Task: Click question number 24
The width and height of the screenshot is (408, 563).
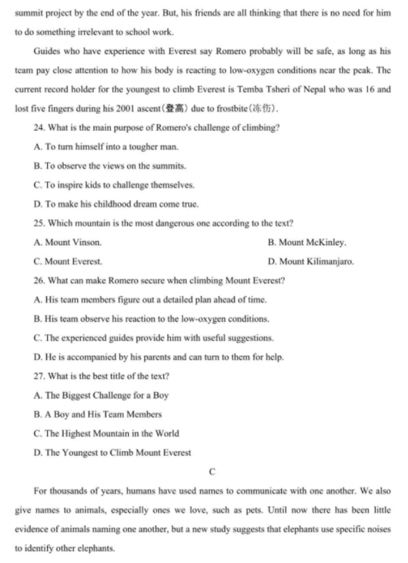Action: point(40,128)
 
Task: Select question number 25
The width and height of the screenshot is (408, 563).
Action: point(40,223)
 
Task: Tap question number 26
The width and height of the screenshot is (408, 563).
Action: point(40,281)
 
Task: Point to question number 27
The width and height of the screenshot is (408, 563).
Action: point(40,376)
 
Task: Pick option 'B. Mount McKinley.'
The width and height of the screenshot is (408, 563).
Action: point(307,242)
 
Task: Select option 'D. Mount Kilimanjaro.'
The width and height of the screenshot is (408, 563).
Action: point(311,262)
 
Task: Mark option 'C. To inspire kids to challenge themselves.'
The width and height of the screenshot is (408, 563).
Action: point(114,185)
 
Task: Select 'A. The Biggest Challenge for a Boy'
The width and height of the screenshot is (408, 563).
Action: point(101,396)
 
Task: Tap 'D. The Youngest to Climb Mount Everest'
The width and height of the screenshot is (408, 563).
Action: point(113,453)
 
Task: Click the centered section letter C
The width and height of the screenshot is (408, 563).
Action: point(212,472)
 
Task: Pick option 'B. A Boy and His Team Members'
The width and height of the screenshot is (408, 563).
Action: point(98,414)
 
